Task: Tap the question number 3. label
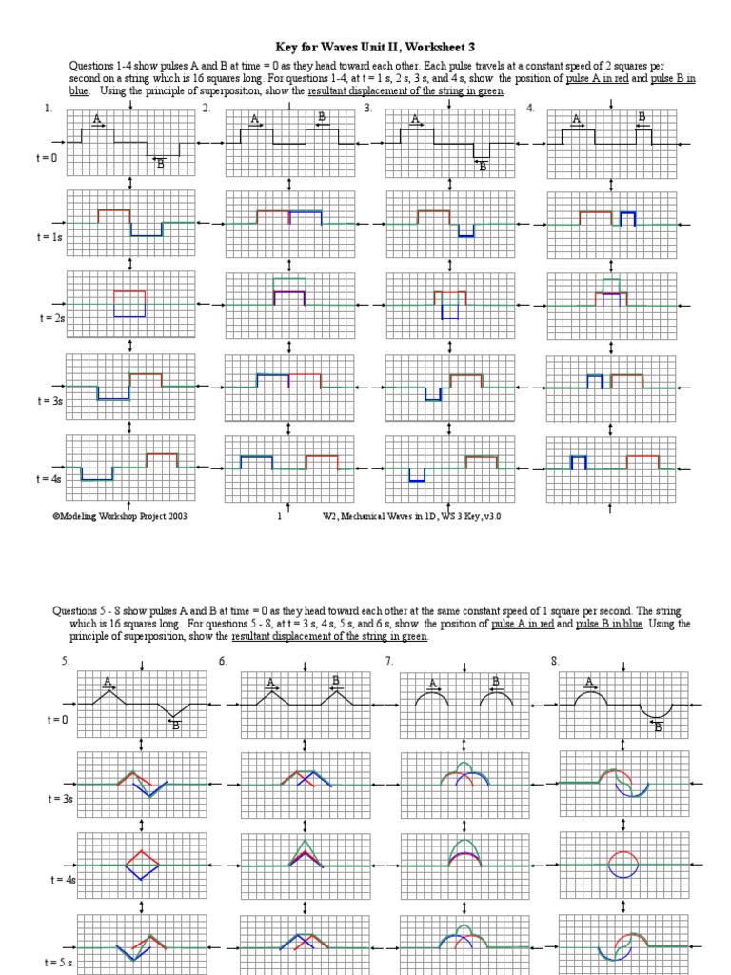(367, 109)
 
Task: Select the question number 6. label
(223, 661)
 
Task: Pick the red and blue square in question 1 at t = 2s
(129, 303)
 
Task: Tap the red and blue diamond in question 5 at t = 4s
(141, 864)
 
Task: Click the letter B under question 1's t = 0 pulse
(160, 165)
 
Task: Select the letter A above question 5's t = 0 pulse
(108, 680)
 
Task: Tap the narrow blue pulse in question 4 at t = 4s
(577, 463)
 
